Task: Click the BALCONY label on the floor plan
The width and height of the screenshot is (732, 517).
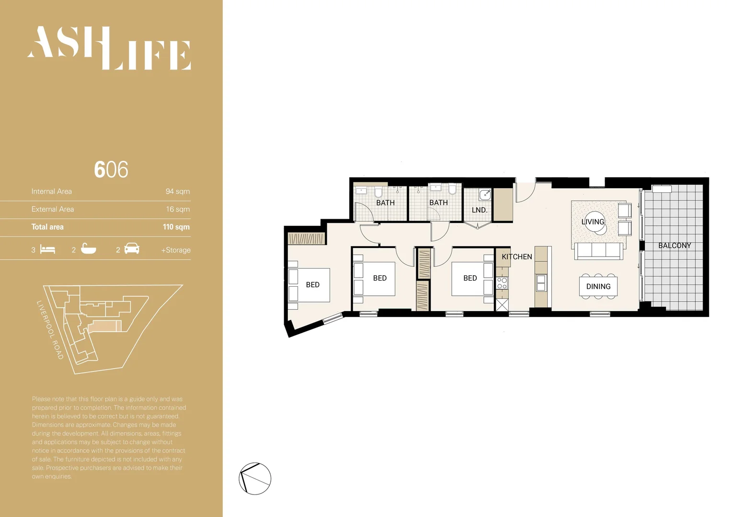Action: (674, 246)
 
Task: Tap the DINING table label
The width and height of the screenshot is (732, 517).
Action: (598, 286)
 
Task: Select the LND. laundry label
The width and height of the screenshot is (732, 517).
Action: (479, 210)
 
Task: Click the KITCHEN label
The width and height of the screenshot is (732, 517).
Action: (516, 257)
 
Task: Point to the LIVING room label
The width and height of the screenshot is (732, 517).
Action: (593, 222)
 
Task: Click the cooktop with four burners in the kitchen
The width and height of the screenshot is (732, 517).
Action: (502, 283)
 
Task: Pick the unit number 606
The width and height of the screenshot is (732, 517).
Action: (111, 169)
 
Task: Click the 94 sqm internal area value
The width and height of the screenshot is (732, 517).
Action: (177, 191)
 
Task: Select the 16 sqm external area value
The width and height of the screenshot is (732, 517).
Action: (178, 209)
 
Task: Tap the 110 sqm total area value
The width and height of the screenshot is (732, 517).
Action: (176, 227)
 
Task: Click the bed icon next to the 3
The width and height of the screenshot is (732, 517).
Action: (47, 249)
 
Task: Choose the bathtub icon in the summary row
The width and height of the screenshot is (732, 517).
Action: (88, 249)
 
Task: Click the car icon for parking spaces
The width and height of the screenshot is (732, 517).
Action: (132, 249)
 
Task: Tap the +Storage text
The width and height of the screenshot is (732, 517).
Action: (175, 250)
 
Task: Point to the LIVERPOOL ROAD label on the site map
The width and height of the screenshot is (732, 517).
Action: (50, 330)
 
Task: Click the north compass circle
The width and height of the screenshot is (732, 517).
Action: (255, 479)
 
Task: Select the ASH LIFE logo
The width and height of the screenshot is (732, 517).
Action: (109, 48)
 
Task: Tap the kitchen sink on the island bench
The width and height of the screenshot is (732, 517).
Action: (541, 283)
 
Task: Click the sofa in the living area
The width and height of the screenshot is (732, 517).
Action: (599, 250)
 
